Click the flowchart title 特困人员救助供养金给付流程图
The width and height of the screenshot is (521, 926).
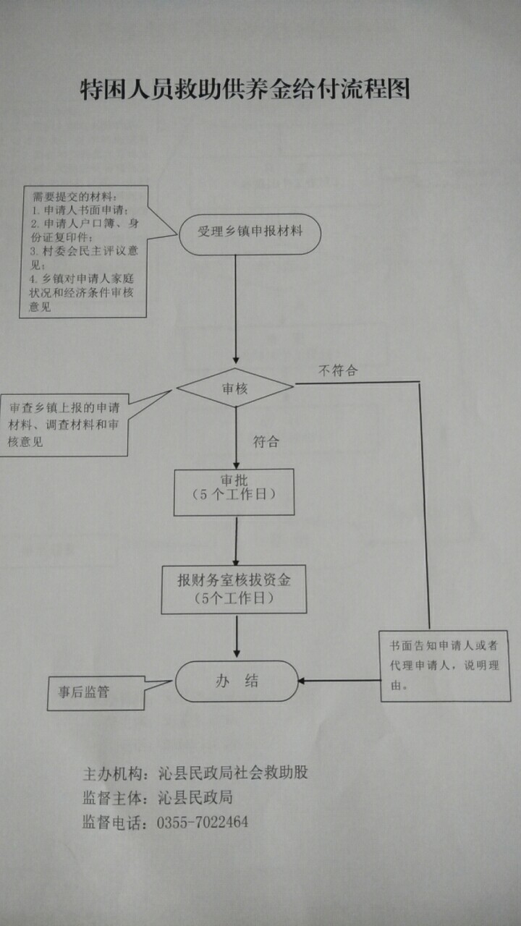[245, 89]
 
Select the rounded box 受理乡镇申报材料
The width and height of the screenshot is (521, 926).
[250, 234]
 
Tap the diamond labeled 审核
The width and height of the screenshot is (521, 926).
[234, 388]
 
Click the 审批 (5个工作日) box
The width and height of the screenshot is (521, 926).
[234, 492]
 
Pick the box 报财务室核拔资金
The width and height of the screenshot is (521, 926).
[234, 588]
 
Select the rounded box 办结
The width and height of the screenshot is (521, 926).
[237, 681]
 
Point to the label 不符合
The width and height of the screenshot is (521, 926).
[338, 370]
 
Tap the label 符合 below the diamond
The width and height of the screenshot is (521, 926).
[266, 441]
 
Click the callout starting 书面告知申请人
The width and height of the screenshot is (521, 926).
[444, 666]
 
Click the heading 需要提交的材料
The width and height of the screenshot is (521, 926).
[74, 197]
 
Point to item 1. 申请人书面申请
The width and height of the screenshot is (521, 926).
[80, 210]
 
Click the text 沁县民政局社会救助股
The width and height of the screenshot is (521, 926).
[233, 773]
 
